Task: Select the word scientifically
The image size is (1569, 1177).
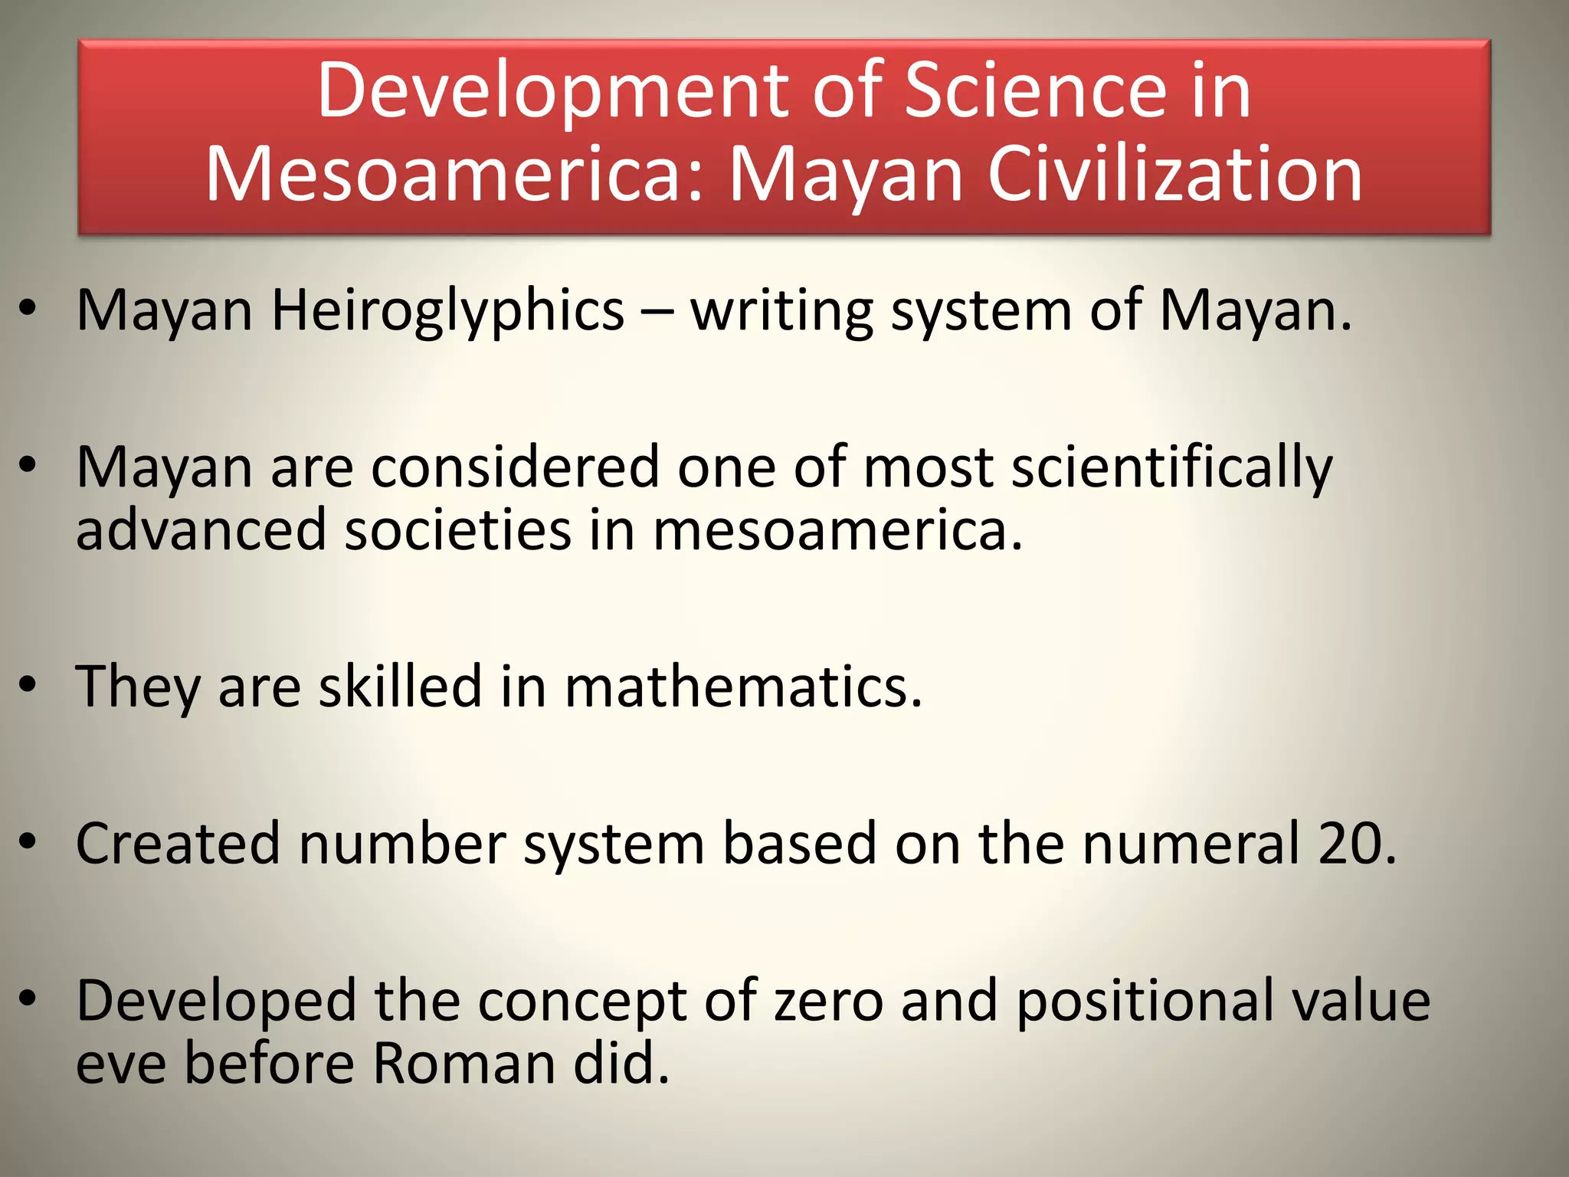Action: coord(1172,468)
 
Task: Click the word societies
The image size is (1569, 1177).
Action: coord(457,530)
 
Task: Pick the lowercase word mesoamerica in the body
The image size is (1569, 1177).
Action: coord(837,530)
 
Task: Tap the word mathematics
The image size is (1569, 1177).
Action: coord(743,686)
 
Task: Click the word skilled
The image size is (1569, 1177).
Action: coord(400,686)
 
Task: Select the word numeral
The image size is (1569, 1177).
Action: coord(1191,844)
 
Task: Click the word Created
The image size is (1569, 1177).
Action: coord(178,844)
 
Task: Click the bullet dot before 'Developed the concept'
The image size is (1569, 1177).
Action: coord(28,998)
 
